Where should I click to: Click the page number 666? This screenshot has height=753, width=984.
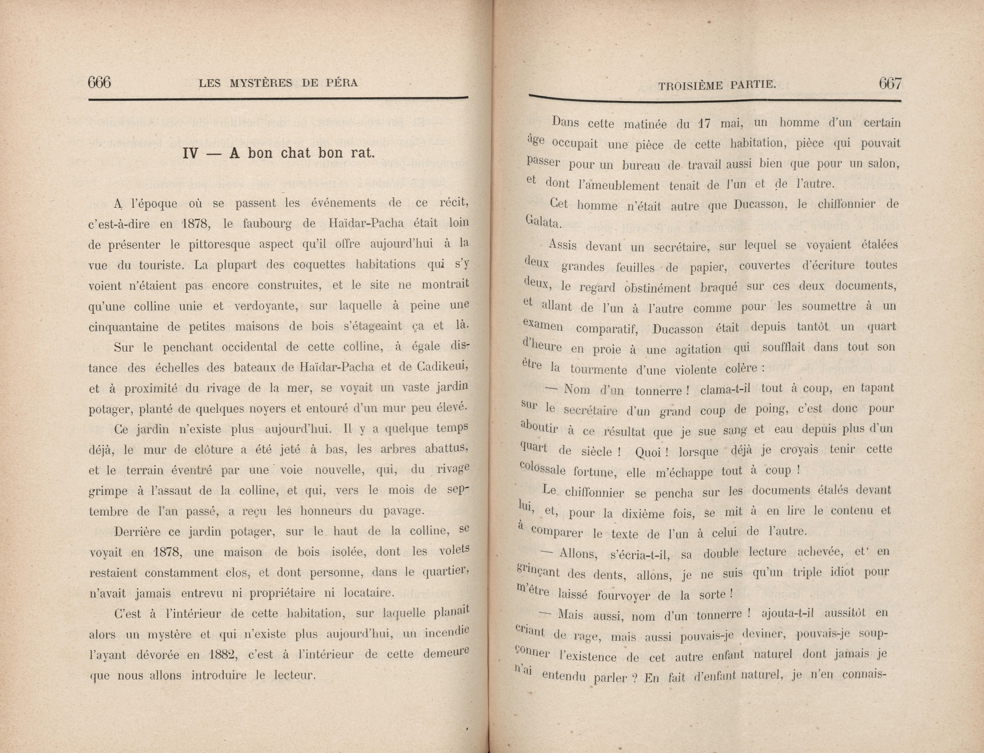pos(99,83)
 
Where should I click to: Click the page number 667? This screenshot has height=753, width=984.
pos(890,84)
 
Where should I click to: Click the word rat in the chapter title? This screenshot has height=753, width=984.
pos(362,153)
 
